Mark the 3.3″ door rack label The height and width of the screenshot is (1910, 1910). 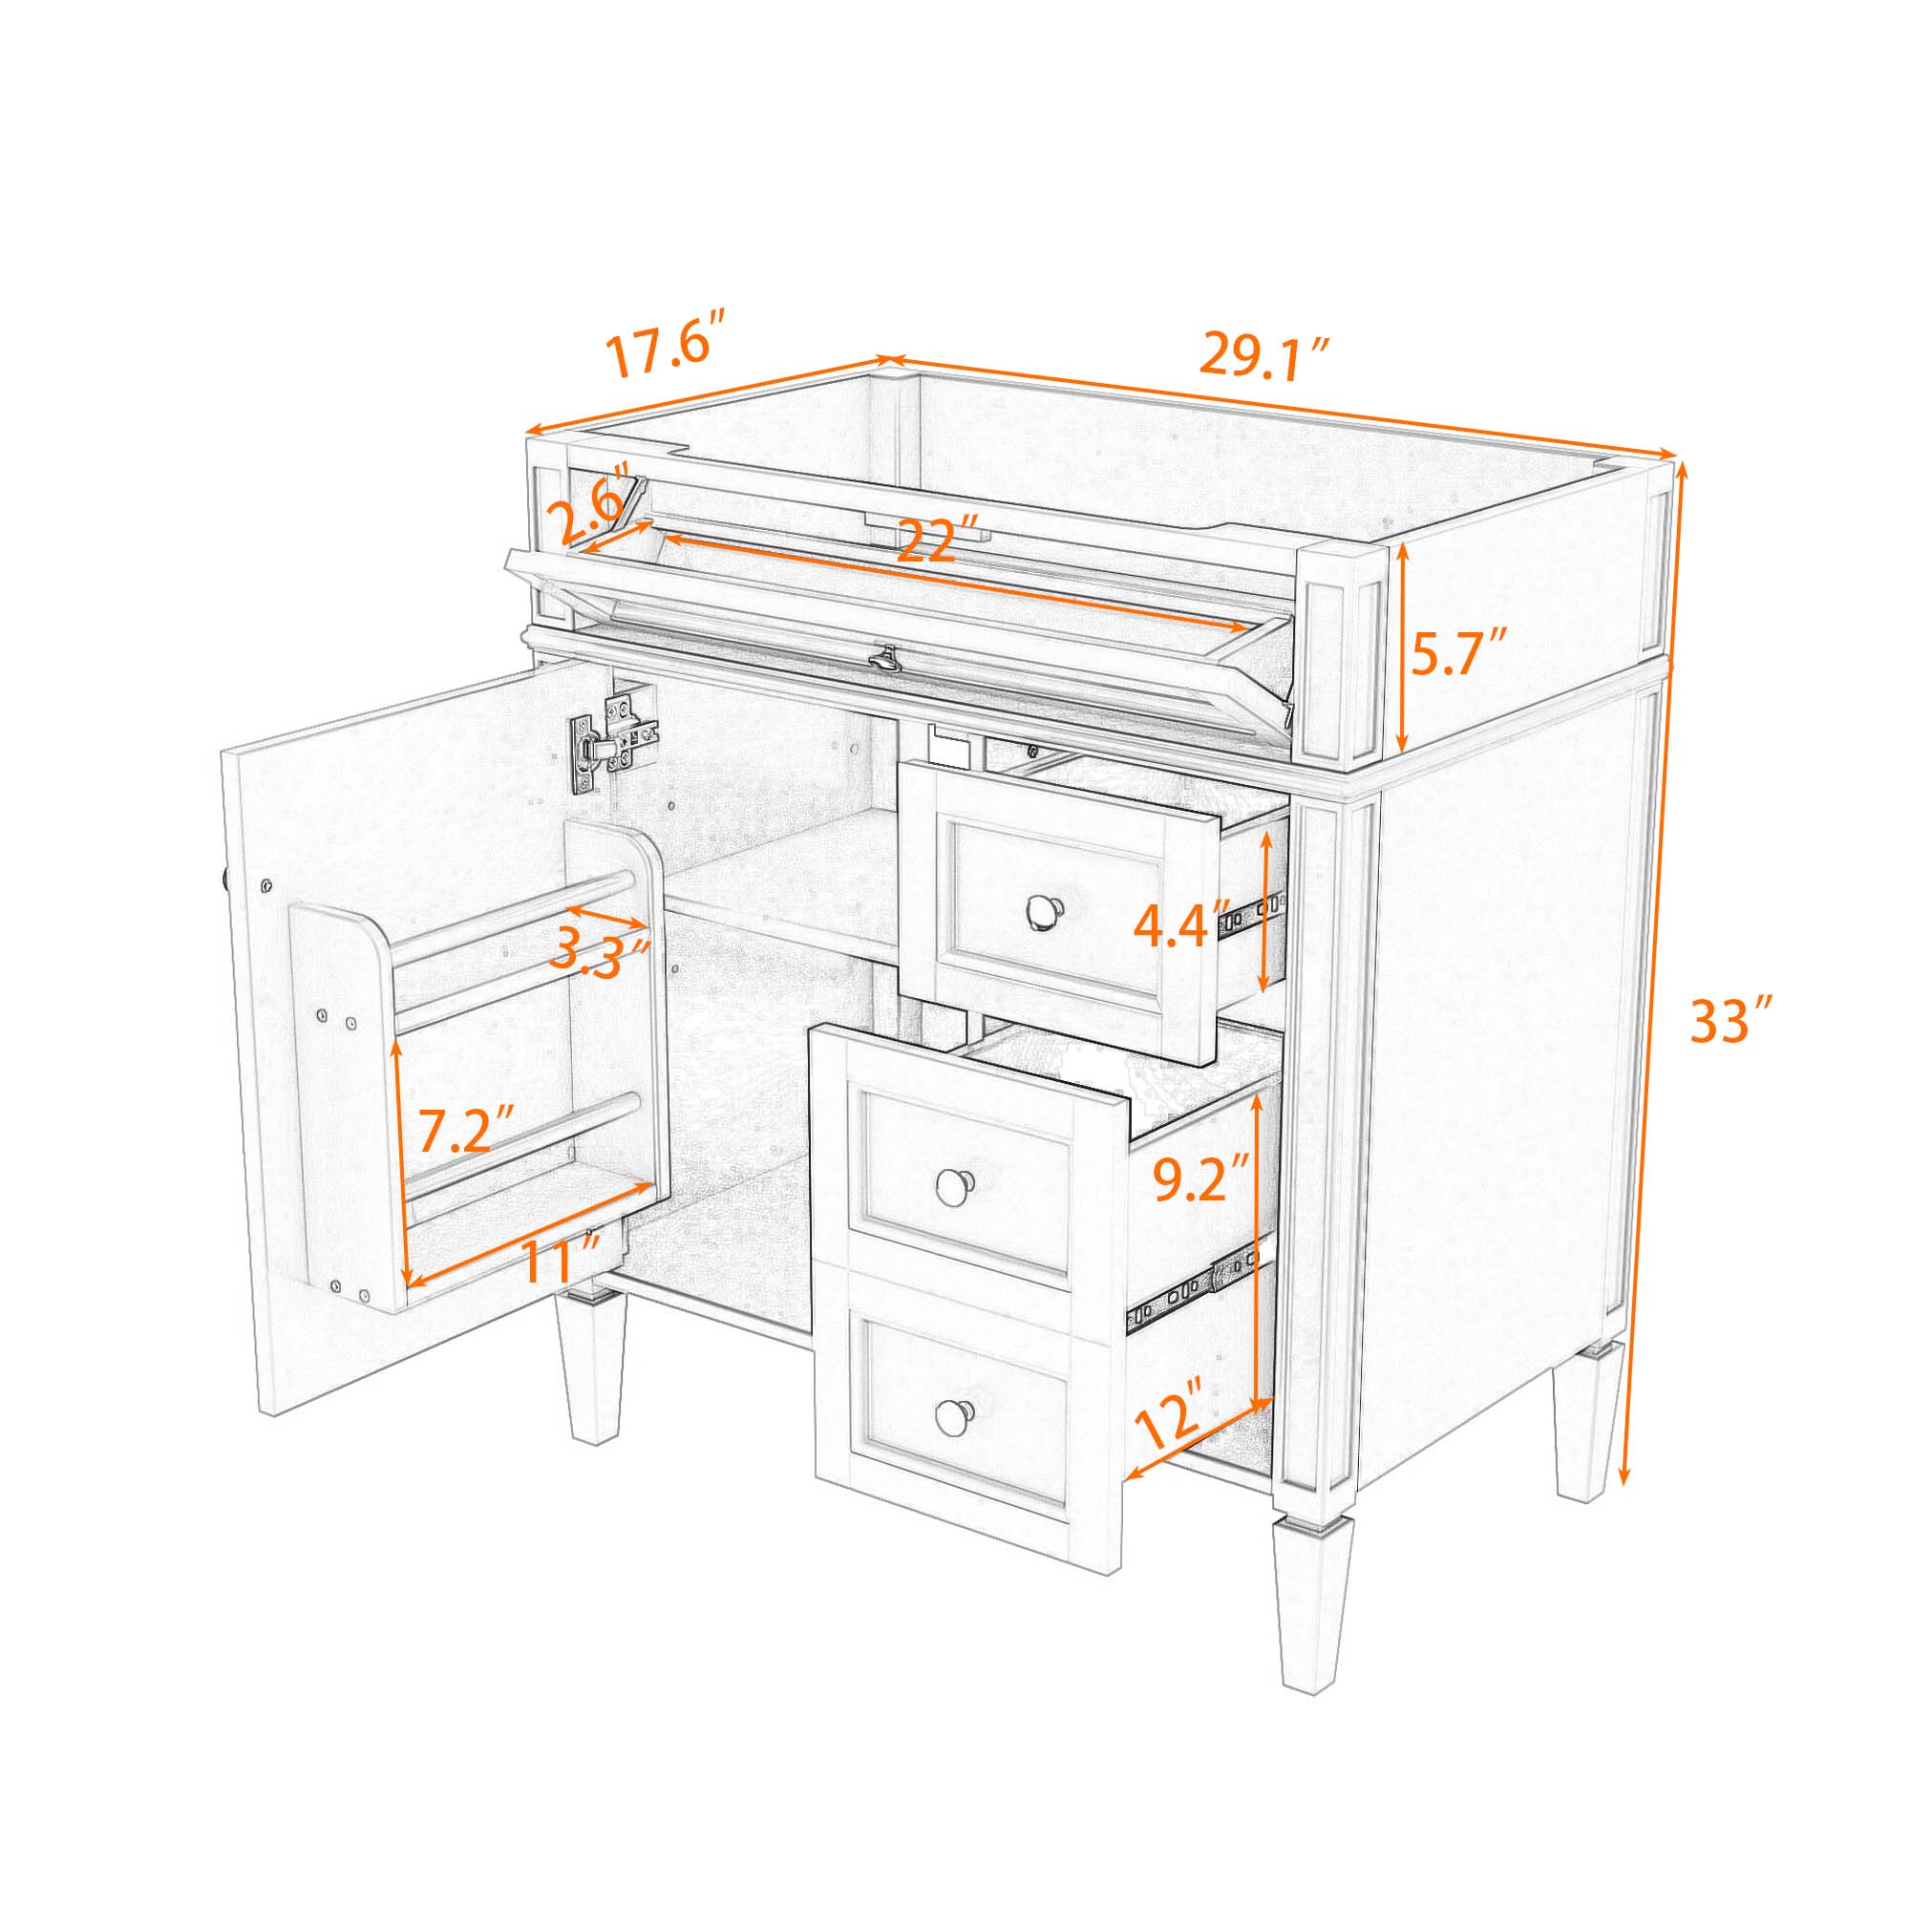599,951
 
